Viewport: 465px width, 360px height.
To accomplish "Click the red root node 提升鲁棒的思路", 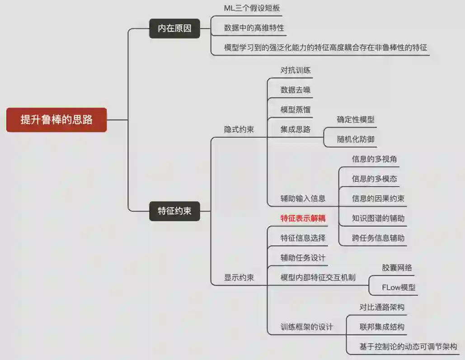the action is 56,120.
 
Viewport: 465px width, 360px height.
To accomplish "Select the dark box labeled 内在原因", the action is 174,28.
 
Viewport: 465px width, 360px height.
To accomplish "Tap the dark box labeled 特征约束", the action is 174,211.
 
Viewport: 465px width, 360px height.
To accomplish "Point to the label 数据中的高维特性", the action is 254,28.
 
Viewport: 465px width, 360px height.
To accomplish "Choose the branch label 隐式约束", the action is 239,130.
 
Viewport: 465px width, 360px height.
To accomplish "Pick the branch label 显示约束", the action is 239,278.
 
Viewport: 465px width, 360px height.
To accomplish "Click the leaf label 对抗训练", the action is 296,71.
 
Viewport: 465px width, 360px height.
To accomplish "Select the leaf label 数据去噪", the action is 296,90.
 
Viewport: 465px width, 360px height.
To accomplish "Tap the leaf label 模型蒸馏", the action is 296,110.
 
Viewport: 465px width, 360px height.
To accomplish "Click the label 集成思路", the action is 296,130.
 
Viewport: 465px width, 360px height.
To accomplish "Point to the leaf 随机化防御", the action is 356,139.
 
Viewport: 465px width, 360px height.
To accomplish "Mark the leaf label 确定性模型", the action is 356,120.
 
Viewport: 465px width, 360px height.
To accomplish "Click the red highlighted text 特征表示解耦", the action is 303,218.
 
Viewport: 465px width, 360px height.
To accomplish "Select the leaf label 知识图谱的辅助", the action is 378,218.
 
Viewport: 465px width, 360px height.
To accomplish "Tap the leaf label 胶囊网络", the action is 397,268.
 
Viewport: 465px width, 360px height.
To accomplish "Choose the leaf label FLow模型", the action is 399,287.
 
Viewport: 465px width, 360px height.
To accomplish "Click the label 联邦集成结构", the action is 382,327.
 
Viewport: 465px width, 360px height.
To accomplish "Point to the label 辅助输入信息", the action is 303,199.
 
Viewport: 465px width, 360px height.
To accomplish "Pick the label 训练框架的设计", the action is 306,327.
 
